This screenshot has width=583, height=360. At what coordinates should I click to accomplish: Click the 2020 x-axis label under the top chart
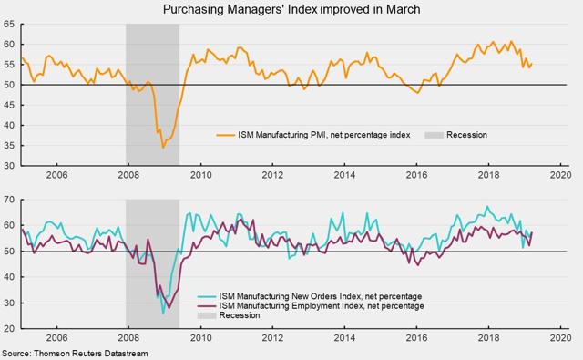(560, 175)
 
